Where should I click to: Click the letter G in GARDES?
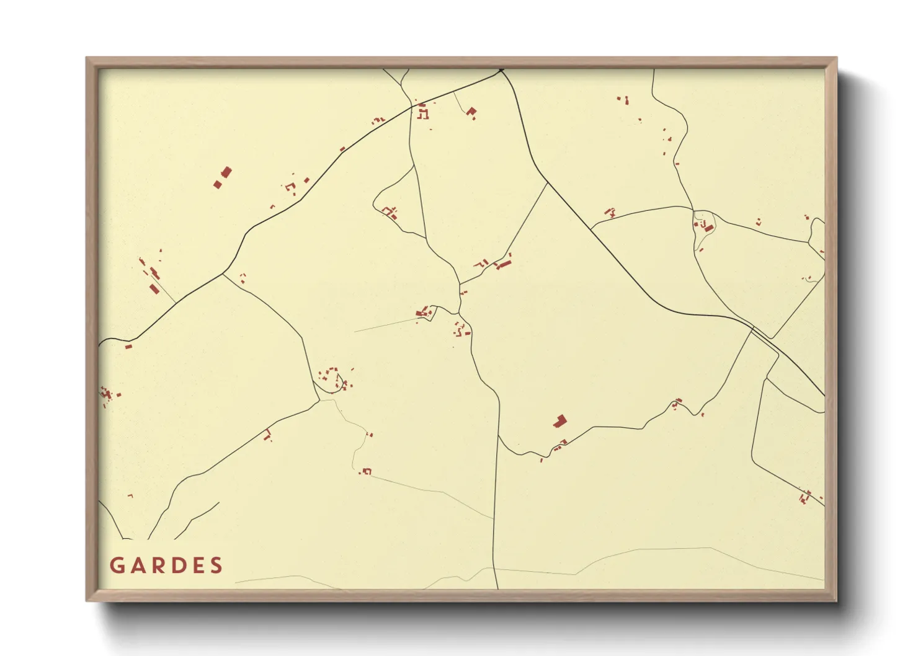point(116,565)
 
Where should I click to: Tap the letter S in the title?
point(216,565)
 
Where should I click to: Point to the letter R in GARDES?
point(156,565)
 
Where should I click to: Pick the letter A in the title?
point(136,565)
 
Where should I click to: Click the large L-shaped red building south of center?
point(559,422)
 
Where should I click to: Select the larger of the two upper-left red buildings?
point(226,172)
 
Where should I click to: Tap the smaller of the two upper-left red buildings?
point(218,184)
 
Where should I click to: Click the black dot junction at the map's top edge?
point(501,70)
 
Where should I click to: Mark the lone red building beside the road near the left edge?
point(128,347)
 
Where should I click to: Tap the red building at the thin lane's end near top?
point(471,112)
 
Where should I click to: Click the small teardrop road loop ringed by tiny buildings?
point(329,381)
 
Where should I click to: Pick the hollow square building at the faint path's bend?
point(367,472)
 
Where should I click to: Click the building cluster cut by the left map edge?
point(107,394)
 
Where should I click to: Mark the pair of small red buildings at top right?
point(623,99)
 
